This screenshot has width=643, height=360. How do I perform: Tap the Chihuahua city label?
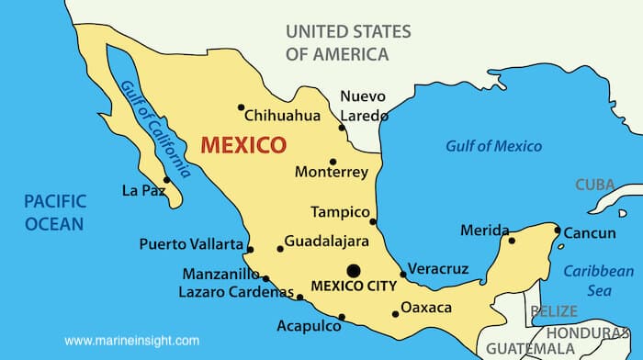282,116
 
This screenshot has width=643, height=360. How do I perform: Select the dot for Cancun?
557,231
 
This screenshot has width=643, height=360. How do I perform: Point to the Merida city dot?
512,242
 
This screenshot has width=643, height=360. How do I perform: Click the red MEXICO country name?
243,145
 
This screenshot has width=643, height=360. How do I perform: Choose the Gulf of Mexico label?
493,146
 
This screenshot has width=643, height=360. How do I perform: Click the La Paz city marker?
166,180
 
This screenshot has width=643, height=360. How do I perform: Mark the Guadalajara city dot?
280,249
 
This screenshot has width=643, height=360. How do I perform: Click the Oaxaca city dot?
396,314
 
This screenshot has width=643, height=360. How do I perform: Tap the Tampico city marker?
373,221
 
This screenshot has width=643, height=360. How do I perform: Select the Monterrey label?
331,172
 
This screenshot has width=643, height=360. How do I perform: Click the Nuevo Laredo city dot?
342,128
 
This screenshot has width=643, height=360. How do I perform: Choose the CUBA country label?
595,185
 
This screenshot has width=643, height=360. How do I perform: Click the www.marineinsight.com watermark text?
131,341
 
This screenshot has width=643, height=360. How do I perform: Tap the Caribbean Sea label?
598,280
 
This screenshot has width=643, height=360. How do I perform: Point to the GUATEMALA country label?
530,348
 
